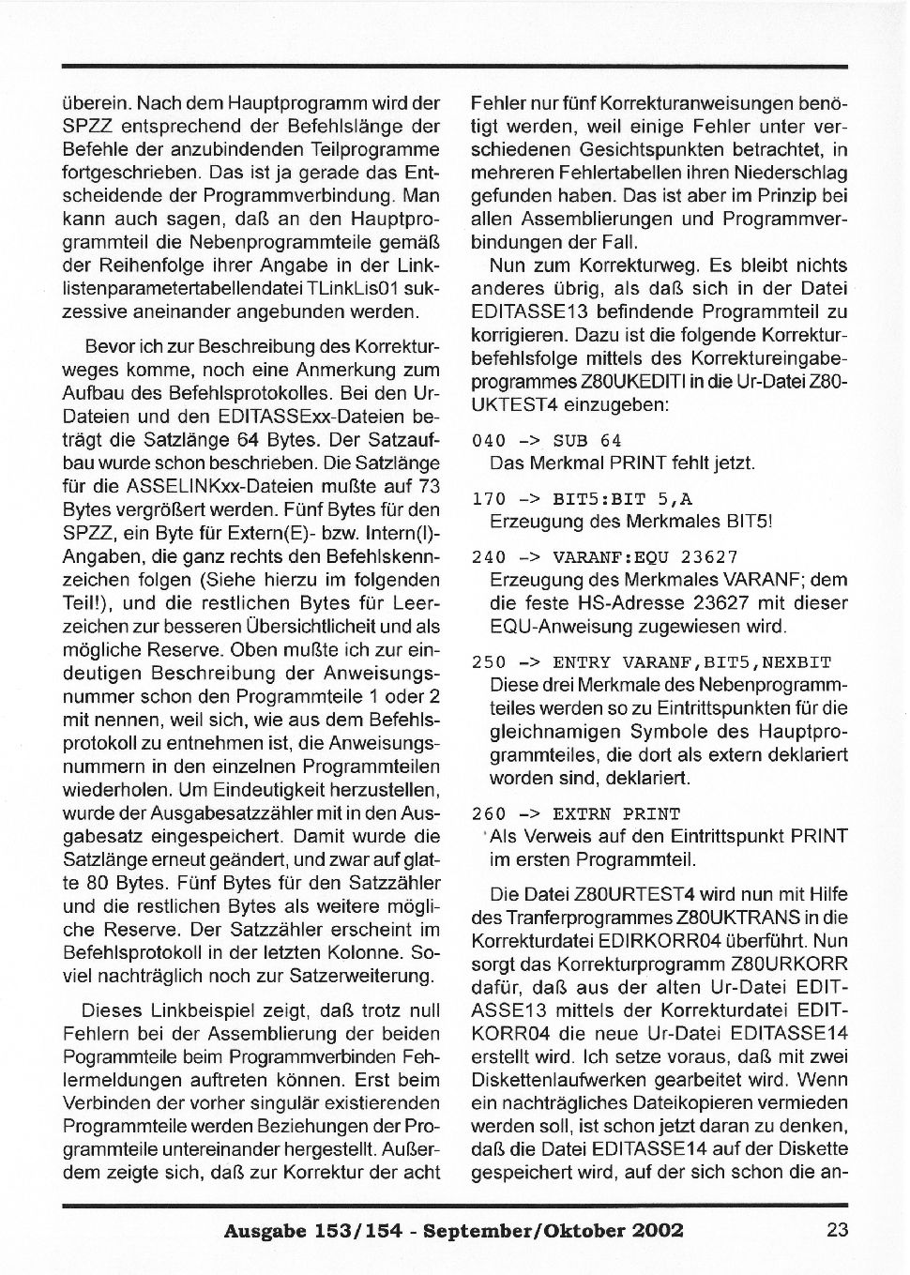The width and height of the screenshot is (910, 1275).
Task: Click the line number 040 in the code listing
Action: coord(489,441)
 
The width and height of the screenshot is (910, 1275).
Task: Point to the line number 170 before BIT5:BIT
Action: coord(489,499)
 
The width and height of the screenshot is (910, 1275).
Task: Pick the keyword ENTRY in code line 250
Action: coord(582,662)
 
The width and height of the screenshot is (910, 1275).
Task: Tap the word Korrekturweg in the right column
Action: coord(636,266)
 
